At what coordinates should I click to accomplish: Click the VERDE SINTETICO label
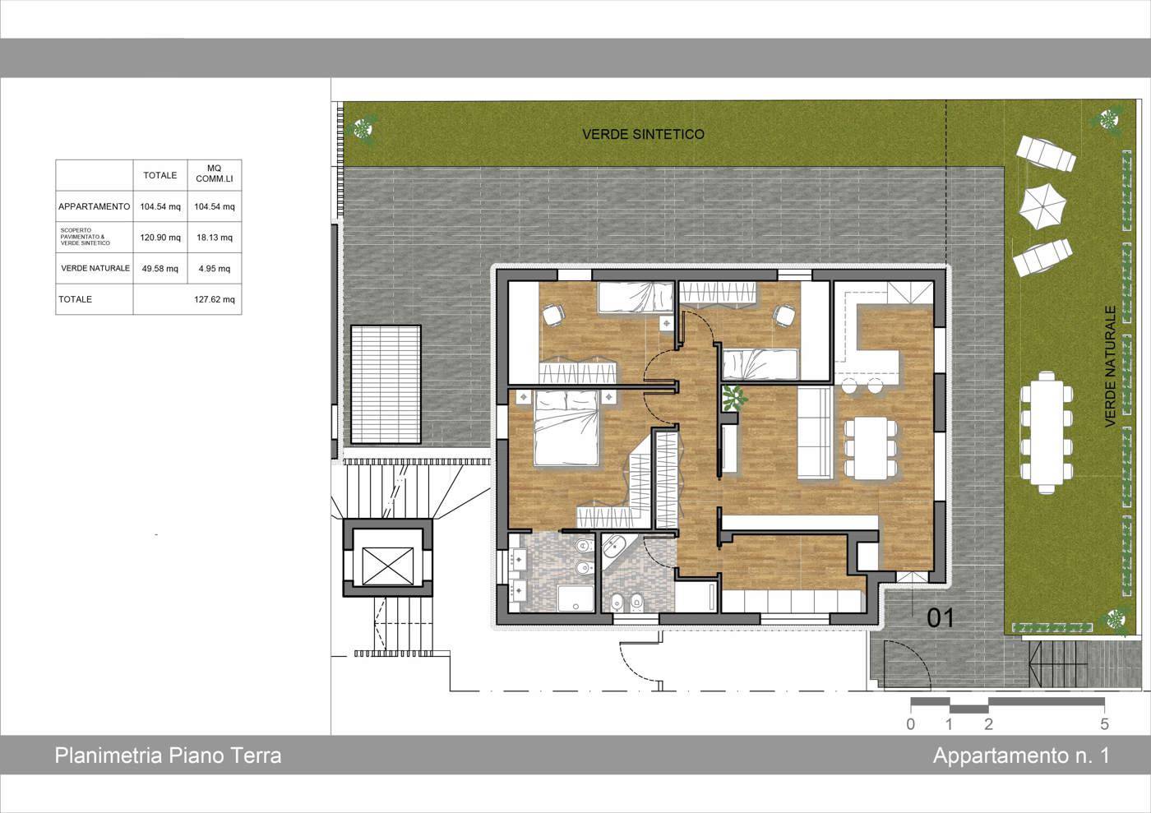tap(643, 134)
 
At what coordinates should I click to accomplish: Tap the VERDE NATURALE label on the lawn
tap(1110, 367)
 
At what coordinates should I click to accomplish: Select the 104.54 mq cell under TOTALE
tap(160, 206)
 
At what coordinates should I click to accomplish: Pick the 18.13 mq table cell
tap(215, 238)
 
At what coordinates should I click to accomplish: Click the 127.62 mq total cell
tap(215, 299)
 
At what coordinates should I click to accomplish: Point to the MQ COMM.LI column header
tap(215, 173)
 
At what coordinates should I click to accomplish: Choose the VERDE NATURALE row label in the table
tap(95, 268)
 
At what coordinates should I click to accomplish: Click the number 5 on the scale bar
tap(1104, 724)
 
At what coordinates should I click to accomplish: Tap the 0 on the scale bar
tap(911, 724)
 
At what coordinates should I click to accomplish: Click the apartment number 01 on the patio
tap(941, 617)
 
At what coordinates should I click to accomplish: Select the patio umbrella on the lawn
tap(1043, 207)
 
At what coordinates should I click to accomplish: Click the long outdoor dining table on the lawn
tap(1046, 432)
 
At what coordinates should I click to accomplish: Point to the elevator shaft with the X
tap(387, 566)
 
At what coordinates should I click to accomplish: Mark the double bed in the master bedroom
tap(566, 427)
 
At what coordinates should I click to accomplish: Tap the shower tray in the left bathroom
tap(575, 599)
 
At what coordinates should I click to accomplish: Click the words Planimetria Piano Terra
tap(168, 755)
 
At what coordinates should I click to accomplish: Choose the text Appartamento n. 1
tap(1021, 755)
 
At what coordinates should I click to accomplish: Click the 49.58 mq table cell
tap(160, 268)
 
